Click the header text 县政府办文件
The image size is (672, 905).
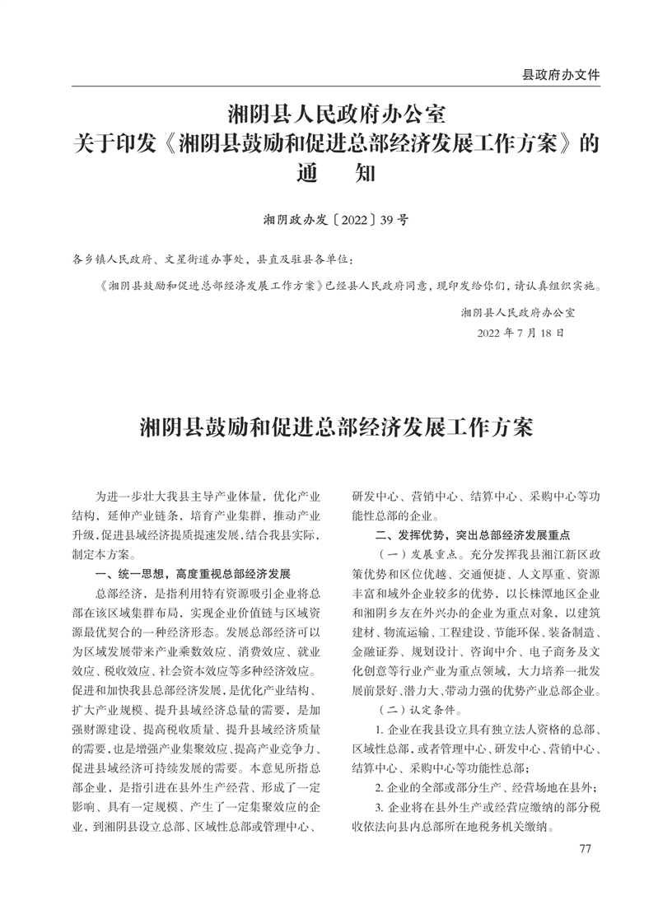tap(561, 74)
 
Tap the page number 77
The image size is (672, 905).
tap(586, 849)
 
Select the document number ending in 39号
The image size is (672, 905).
tap(335, 220)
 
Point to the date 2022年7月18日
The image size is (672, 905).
tap(520, 334)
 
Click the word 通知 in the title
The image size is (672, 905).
tap(335, 174)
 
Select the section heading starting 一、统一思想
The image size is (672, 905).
tap(193, 573)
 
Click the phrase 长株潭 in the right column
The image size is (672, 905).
tap(513, 592)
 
